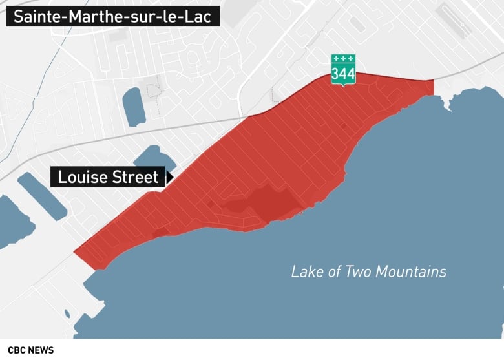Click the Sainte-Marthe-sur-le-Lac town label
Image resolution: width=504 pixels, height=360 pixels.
113,16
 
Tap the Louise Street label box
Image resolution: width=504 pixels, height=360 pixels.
107,177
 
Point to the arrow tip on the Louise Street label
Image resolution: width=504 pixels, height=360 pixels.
171,176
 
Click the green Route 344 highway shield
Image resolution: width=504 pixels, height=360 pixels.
343,70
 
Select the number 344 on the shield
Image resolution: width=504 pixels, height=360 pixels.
343,74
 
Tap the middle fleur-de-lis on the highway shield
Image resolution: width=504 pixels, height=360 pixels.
343,58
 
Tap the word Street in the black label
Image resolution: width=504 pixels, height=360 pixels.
135,177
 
